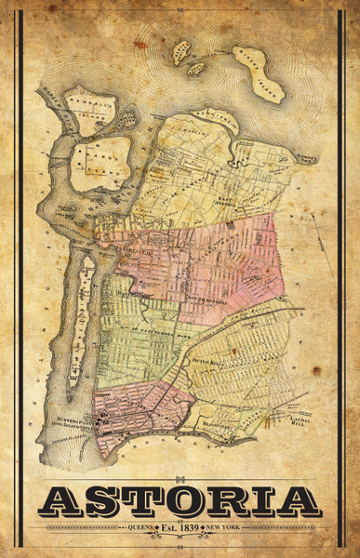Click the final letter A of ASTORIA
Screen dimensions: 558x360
coord(298,501)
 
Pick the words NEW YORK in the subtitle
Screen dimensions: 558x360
coord(229,527)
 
